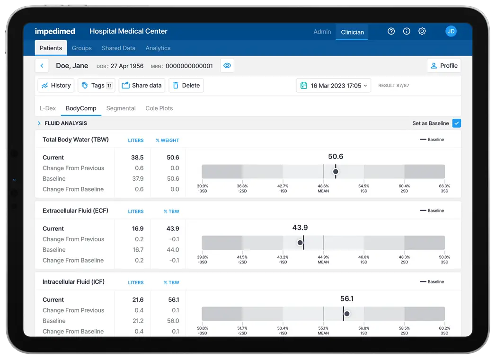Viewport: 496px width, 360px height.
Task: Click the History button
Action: point(56,86)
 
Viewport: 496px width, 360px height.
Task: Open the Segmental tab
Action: point(121,108)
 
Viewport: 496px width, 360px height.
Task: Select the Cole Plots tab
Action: point(159,108)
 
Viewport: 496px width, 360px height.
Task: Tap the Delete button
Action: point(186,86)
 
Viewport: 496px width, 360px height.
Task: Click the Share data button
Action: point(142,86)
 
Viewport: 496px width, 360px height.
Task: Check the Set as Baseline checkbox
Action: point(456,123)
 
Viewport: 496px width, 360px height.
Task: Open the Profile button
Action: point(443,66)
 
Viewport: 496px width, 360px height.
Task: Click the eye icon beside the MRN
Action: point(227,66)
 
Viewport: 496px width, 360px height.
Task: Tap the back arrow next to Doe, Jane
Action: point(42,66)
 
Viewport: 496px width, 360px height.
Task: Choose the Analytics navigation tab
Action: point(158,48)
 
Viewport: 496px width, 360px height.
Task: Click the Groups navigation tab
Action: point(82,48)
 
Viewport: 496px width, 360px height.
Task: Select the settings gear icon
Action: point(422,31)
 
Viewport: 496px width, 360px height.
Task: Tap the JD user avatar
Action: point(451,31)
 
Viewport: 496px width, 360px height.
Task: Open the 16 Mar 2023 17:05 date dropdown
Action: point(334,86)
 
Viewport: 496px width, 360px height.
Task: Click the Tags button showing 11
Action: point(97,86)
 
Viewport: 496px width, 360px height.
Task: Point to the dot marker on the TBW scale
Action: point(336,171)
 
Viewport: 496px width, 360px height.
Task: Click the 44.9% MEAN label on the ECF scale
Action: point(323,259)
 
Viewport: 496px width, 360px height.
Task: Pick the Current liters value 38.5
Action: point(137,158)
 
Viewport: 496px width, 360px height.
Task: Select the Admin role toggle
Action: point(322,32)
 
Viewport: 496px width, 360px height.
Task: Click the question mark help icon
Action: point(391,31)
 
